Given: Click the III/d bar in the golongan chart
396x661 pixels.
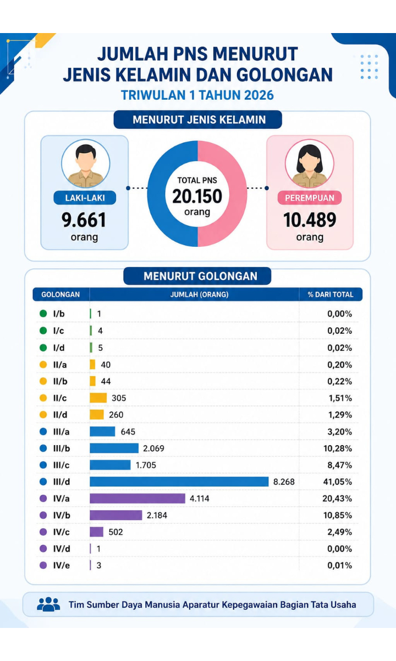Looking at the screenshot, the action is pyautogui.click(x=179, y=481).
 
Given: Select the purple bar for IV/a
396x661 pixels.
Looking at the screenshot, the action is pyautogui.click(x=137, y=499).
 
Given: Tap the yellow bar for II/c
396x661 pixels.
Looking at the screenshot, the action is pyautogui.click(x=98, y=398).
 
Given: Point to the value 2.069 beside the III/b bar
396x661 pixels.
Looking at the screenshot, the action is pyautogui.click(x=153, y=448).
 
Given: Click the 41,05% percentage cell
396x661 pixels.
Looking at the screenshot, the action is pyautogui.click(x=337, y=482).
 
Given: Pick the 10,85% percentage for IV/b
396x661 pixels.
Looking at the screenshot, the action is pyautogui.click(x=337, y=515).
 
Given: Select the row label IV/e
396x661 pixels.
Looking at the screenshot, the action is pyautogui.click(x=62, y=565).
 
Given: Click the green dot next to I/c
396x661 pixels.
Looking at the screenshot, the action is pyautogui.click(x=43, y=330).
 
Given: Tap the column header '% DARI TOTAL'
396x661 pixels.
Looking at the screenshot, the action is pyautogui.click(x=331, y=295).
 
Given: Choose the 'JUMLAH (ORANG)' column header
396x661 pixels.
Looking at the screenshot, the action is pyautogui.click(x=200, y=295).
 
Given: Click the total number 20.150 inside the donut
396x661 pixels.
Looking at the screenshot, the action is pyautogui.click(x=197, y=196).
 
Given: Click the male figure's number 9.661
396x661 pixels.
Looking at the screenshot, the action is pyautogui.click(x=84, y=220).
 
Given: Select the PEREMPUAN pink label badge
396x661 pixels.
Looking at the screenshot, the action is pyautogui.click(x=310, y=198).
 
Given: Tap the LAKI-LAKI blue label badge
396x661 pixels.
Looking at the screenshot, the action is pyautogui.click(x=85, y=198).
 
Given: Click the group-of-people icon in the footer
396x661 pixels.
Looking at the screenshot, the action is pyautogui.click(x=48, y=604).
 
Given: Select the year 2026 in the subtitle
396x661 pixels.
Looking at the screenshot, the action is pyautogui.click(x=259, y=95).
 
